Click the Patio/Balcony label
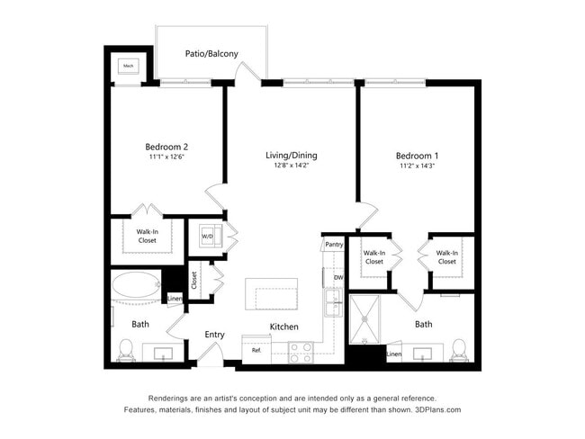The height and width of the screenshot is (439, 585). tap(211, 54)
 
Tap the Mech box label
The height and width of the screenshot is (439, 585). tap(128, 67)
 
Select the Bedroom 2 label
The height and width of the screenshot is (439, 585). tap(166, 147)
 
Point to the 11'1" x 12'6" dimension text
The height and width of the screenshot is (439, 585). tap(166, 157)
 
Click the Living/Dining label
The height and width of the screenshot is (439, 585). tap(291, 155)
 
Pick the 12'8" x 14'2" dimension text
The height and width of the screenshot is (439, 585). tap(291, 166)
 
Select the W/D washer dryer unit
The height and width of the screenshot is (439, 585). tap(209, 236)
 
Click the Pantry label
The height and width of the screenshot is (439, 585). tap(334, 244)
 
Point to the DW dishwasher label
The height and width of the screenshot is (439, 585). tap(338, 278)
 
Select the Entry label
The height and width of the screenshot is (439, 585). tap(214, 335)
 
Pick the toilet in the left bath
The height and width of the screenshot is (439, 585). tap(126, 349)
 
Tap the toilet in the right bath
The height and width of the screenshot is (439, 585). tap(459, 349)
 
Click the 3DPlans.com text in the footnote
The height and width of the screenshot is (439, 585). tap(437, 409)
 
